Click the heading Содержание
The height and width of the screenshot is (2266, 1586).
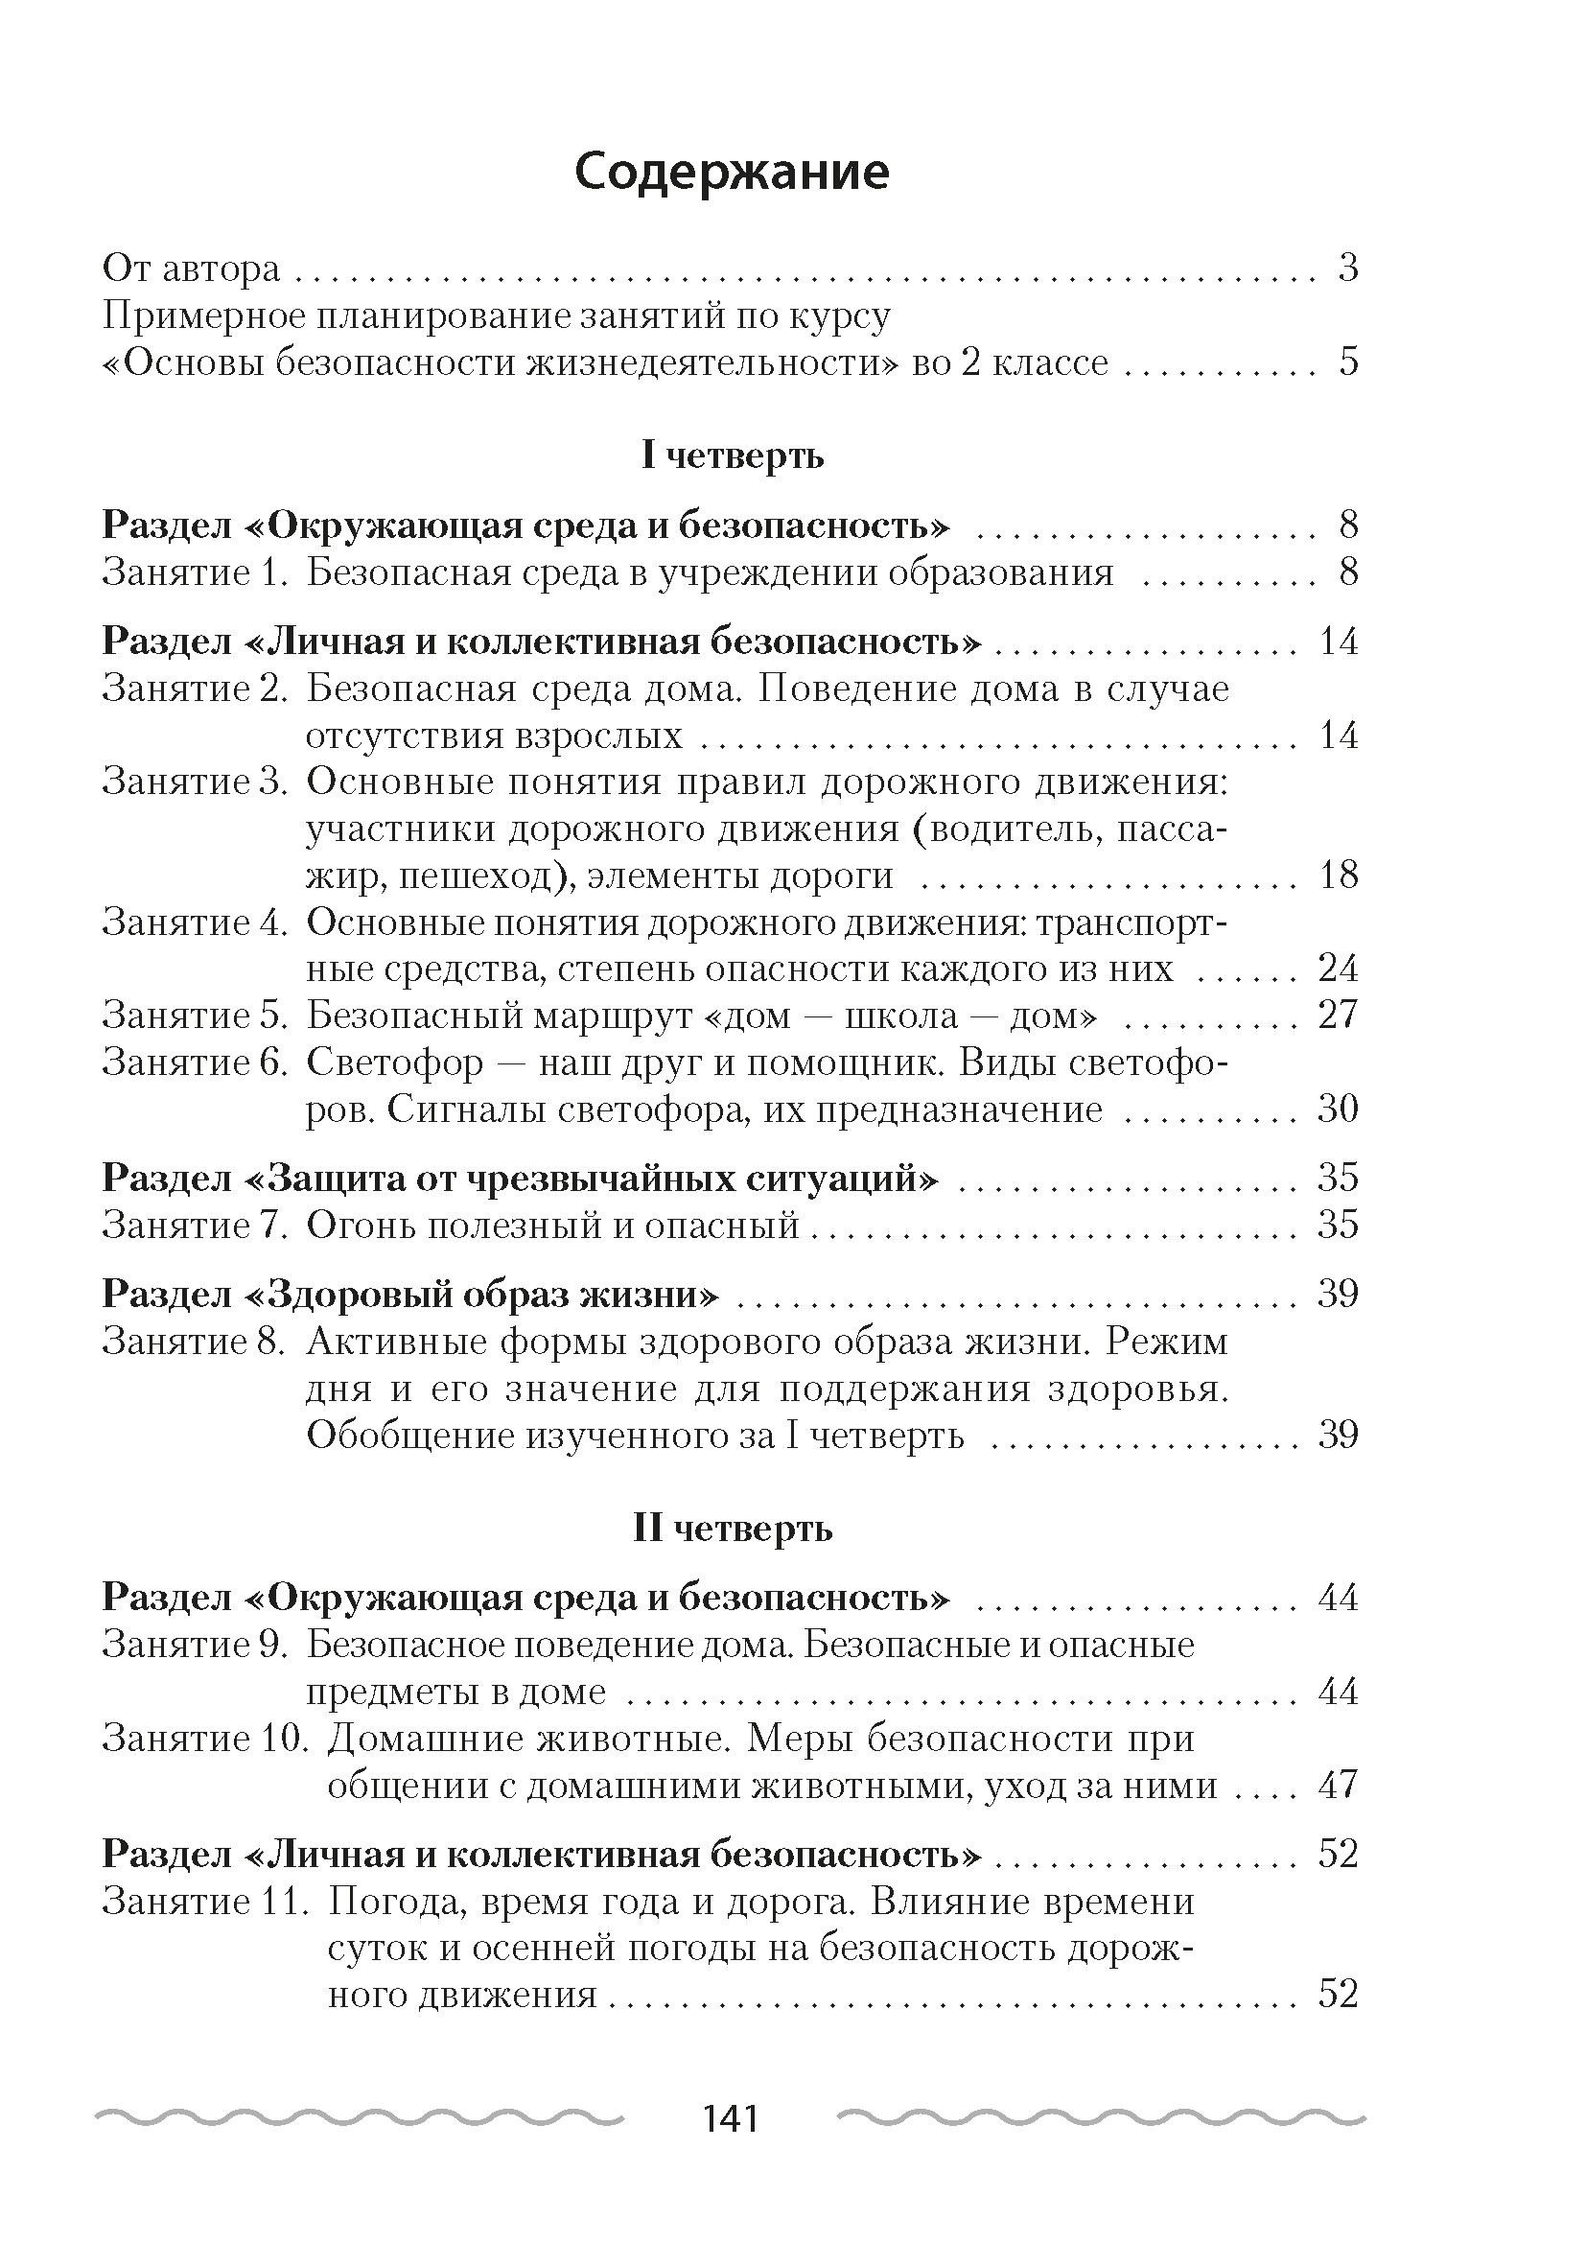(732, 173)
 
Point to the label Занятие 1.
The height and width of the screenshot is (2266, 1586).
(195, 572)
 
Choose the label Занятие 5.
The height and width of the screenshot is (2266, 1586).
(195, 1015)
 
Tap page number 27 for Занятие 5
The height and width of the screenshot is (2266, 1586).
(1339, 1015)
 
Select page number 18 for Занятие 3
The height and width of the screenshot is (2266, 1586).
(1339, 875)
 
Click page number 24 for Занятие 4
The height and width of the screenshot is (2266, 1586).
(1339, 969)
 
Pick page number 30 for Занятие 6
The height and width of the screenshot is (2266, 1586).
(1339, 1109)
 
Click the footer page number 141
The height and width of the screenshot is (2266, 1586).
(731, 2119)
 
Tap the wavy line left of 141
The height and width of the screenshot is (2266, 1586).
(361, 2118)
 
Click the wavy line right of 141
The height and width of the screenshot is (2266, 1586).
(1101, 2118)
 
